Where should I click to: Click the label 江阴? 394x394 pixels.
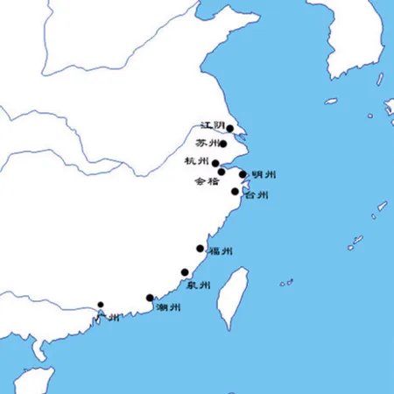(x=212, y=126)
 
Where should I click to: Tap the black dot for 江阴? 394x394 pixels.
(x=229, y=129)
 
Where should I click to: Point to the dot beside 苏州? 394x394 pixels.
(x=224, y=144)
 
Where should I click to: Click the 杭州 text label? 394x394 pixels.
(x=197, y=161)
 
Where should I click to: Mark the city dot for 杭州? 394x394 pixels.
(x=215, y=163)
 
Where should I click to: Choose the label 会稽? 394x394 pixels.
(x=208, y=182)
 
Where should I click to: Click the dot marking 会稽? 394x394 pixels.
(x=222, y=172)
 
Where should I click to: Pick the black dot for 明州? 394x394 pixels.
(x=243, y=175)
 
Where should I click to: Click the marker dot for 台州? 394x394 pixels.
(x=235, y=192)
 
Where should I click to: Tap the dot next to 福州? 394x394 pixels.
(x=201, y=250)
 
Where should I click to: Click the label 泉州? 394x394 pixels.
(x=198, y=285)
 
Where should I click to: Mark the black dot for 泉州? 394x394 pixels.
(x=185, y=272)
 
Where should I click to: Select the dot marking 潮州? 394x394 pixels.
(x=150, y=298)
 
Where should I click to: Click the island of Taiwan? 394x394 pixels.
(x=232, y=298)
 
